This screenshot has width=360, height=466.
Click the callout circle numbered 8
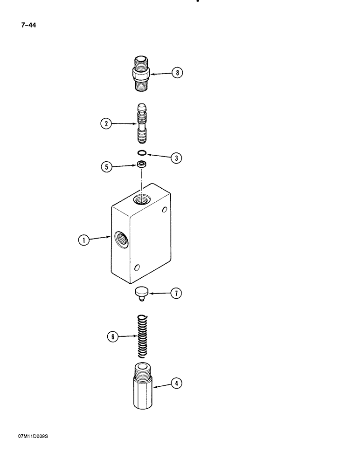pyautogui.click(x=177, y=73)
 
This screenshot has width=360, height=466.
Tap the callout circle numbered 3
pyautogui.click(x=176, y=158)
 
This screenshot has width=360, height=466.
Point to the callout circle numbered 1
pyautogui.click(x=83, y=240)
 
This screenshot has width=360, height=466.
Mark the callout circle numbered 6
pyautogui.click(x=111, y=336)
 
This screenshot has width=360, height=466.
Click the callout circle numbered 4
pyautogui.click(x=176, y=384)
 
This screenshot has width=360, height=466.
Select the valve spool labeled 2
pyautogui.click(x=141, y=124)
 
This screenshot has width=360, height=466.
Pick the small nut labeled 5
pyautogui.click(x=141, y=164)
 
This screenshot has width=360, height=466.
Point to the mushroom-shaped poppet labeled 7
pyautogui.click(x=141, y=293)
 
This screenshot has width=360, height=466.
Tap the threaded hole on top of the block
pyautogui.click(x=140, y=199)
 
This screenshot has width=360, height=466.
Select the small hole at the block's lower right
pyautogui.click(x=137, y=267)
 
